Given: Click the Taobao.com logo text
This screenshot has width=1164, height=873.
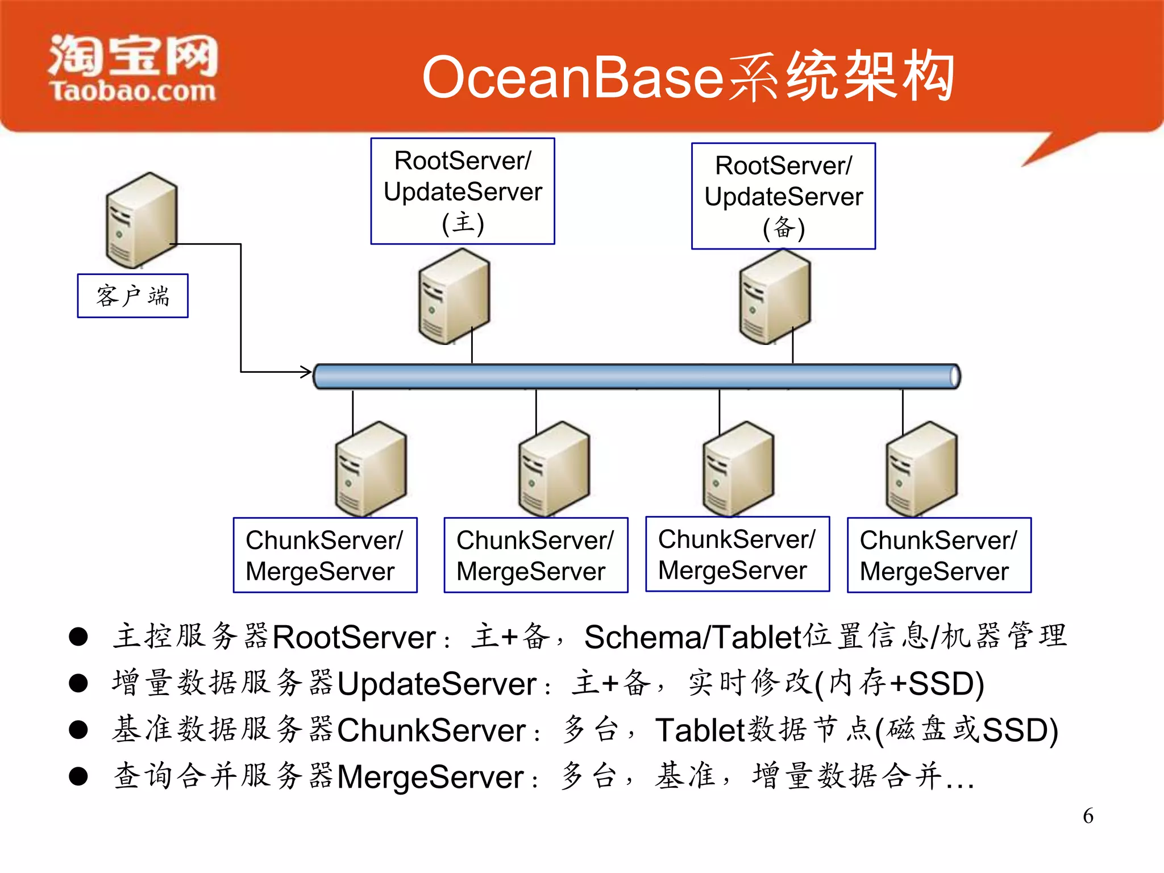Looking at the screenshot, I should (x=133, y=92).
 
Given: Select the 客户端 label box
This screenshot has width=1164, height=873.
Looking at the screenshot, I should (x=132, y=296).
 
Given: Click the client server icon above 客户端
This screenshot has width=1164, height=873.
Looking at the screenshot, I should (x=141, y=221).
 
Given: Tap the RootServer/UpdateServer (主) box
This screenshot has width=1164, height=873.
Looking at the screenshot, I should (x=462, y=192).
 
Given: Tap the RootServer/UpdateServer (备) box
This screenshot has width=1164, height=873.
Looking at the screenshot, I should (x=783, y=196).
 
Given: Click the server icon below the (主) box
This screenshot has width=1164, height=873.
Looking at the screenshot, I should (x=454, y=297).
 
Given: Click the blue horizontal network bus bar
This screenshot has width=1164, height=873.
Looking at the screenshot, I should (x=637, y=377).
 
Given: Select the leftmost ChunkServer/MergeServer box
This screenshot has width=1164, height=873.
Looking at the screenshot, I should (x=325, y=555).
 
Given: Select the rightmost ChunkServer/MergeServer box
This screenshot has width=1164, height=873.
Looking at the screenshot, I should (x=938, y=555).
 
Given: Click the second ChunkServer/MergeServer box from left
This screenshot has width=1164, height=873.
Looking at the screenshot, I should (x=535, y=555).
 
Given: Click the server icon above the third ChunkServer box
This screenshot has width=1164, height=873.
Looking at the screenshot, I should (x=738, y=469).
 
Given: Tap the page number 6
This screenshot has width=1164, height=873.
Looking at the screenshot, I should (x=1088, y=816).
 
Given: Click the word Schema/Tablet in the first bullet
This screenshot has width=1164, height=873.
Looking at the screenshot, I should (x=693, y=637).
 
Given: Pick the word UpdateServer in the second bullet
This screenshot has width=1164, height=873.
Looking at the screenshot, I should (x=436, y=684).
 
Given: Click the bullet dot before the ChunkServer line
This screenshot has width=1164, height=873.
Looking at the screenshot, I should (x=78, y=730).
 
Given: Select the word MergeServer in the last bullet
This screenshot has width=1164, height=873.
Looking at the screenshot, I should (x=430, y=777).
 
